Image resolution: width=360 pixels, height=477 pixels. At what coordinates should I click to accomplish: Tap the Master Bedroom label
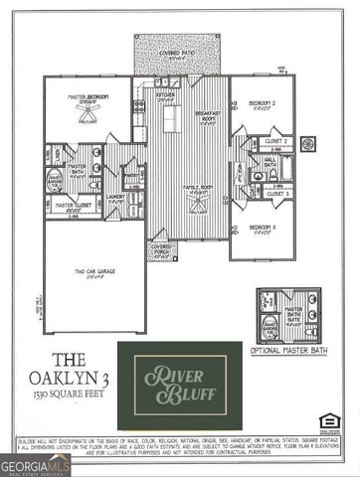pyautogui.click(x=88, y=97)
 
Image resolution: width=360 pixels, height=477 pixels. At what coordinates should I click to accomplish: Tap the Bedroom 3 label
pyautogui.click(x=263, y=228)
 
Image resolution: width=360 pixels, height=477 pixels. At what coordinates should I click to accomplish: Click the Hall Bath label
pyautogui.click(x=270, y=162)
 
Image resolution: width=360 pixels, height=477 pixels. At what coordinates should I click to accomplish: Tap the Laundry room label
pyautogui.click(x=115, y=198)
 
